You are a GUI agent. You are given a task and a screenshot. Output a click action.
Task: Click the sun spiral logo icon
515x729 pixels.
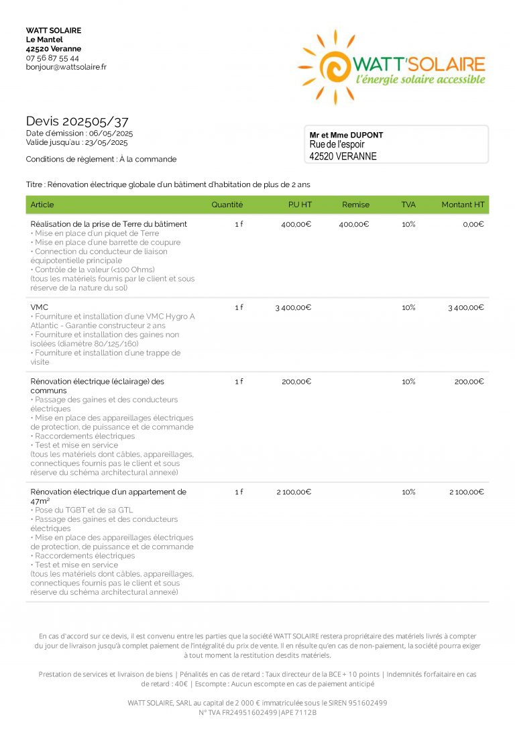click(x=329, y=66)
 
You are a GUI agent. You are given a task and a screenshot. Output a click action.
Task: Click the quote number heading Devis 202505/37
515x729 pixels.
click(x=77, y=121)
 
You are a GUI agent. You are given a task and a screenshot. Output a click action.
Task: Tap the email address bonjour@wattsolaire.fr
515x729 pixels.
click(x=66, y=67)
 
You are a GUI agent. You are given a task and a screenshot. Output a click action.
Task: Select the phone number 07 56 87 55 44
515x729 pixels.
click(x=52, y=58)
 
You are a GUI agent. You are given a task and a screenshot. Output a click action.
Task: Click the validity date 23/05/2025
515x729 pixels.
click(x=105, y=142)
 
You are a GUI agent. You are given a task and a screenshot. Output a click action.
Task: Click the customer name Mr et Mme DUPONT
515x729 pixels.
click(x=346, y=135)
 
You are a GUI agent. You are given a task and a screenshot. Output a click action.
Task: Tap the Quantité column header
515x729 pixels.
click(x=227, y=205)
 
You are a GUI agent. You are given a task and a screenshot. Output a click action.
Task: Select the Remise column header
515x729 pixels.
click(x=355, y=205)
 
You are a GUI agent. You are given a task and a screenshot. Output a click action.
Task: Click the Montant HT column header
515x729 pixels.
click(x=462, y=205)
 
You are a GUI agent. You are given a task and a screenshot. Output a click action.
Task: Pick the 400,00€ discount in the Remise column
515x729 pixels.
click(x=353, y=224)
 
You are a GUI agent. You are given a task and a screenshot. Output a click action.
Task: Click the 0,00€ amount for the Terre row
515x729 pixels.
click(x=473, y=224)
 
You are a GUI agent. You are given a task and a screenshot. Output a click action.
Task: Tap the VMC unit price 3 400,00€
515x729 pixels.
click(x=293, y=308)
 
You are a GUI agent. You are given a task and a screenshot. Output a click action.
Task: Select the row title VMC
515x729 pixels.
click(x=40, y=307)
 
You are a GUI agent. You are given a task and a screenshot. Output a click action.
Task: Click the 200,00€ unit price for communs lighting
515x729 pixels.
click(x=296, y=382)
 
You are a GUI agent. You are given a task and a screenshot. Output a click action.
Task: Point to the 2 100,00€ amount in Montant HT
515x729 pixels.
click(x=466, y=492)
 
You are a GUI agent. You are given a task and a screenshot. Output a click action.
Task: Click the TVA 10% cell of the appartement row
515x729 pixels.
click(x=408, y=492)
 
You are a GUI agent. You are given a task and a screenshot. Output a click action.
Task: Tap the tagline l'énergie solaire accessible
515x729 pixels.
click(x=420, y=80)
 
